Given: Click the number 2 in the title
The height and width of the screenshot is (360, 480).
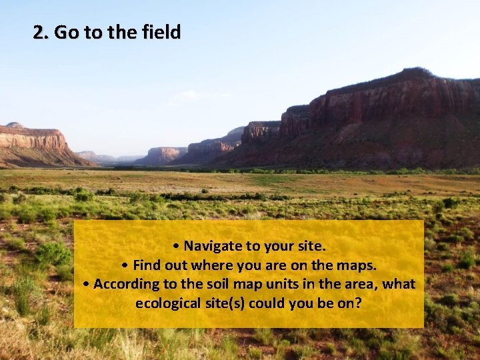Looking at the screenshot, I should click(39, 32).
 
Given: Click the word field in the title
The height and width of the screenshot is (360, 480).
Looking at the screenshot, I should click(161, 32).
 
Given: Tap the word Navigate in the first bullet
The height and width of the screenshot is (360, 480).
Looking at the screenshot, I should click(213, 245).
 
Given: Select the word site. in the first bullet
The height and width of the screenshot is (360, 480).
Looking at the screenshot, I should click(310, 245).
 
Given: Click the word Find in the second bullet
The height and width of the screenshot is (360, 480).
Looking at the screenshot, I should click(147, 265).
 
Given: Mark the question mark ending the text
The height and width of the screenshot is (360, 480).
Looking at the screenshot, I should click(358, 303).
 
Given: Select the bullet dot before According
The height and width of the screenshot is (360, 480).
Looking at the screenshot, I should click(87, 285).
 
